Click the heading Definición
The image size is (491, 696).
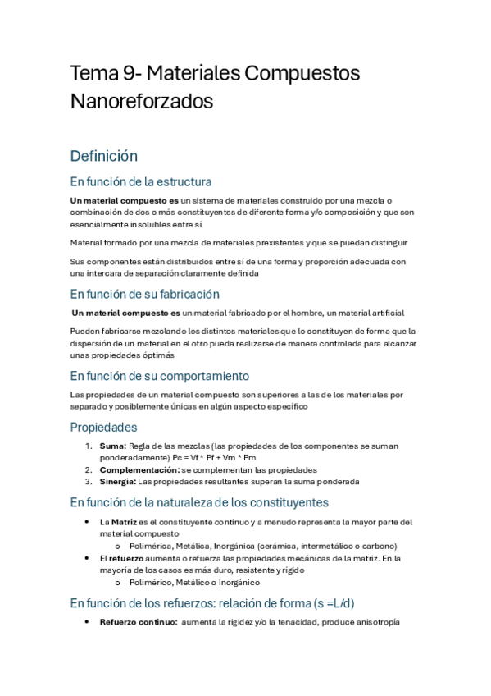pos(103,156)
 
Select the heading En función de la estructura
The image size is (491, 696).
pos(141,181)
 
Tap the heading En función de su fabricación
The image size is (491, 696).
pos(144,294)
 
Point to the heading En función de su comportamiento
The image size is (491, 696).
pos(159,376)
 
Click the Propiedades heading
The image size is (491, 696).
pos(103,428)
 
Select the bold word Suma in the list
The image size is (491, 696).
pos(113,446)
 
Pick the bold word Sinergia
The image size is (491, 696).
pos(117,482)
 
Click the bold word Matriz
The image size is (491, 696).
pos(125,522)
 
